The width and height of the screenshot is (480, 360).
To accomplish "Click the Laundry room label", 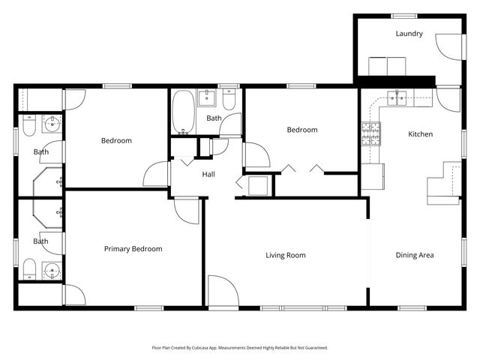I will (x=409, y=34).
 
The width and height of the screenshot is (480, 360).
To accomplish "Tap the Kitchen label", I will (x=420, y=134).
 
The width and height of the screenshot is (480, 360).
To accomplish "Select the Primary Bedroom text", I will (x=133, y=249).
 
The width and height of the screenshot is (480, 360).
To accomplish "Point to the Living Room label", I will (x=286, y=255).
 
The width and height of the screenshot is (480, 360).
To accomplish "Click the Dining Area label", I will (x=415, y=255).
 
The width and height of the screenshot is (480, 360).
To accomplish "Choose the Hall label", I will (x=209, y=175).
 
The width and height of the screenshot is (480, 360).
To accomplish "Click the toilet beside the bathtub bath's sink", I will (x=229, y=99).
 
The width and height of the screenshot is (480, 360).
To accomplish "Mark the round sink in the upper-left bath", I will (x=52, y=124).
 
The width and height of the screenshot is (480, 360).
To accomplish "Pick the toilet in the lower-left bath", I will (x=28, y=268).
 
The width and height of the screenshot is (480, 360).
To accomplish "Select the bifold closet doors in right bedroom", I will (x=303, y=169).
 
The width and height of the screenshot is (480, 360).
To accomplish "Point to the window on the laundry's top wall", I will (x=404, y=16).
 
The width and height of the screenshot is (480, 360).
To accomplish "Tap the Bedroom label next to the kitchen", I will (x=302, y=130).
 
